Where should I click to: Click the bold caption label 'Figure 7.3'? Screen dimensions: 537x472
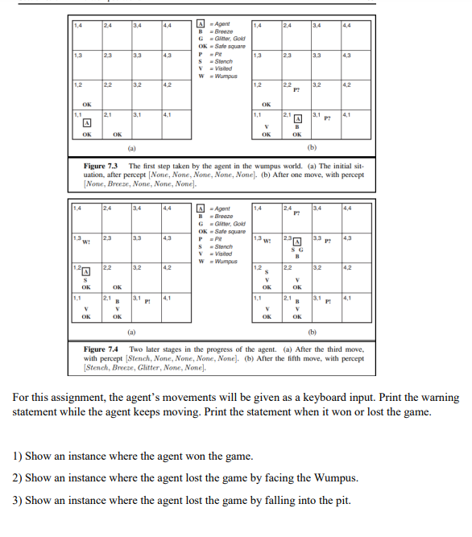103,166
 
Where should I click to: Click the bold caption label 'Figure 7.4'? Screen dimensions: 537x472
103,349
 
